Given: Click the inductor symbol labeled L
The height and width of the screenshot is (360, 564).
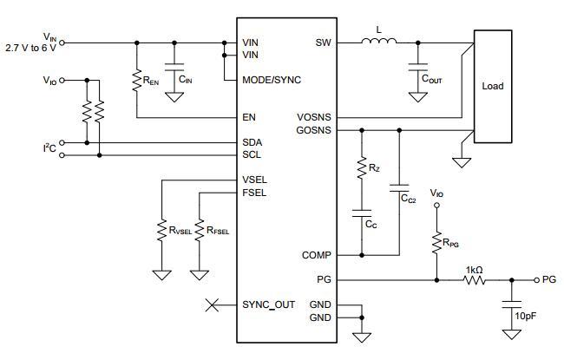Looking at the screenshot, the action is coord(379,41).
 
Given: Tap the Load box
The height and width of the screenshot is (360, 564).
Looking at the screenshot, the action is coord(493,87).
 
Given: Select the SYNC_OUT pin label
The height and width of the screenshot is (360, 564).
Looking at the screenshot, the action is coord(268,305).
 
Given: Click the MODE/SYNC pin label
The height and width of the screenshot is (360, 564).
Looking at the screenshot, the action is coord(272,80).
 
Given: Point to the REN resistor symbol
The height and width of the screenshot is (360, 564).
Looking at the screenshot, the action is coord(137,81).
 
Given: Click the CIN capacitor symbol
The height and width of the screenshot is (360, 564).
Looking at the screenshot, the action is coord(174,67).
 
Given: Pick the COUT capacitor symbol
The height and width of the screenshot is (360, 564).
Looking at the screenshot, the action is coord(418,67).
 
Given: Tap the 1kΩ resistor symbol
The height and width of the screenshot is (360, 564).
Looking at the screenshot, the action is coord(475,280).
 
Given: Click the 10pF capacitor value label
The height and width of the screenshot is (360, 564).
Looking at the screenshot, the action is coord(526,316).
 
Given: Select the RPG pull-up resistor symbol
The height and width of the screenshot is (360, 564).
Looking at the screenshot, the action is coord(436,243).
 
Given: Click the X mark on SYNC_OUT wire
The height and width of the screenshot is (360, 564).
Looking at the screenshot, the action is coord(212,305).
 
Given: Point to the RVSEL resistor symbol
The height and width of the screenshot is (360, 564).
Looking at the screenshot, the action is coord(162,230).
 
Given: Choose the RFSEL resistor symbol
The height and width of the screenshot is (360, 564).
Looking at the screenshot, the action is coord(200,230).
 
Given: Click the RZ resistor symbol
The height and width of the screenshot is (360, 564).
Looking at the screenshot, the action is coord(362,167).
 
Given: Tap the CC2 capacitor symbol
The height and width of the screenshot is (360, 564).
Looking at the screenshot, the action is coord(399,188).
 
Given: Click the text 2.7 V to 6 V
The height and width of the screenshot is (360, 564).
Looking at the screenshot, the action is coord(31,48).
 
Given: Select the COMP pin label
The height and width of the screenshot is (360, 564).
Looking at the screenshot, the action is coord(317,255).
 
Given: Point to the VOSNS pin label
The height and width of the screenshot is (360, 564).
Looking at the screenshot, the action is coord(314,118).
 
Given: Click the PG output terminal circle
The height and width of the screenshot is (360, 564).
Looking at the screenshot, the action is coord(536,280).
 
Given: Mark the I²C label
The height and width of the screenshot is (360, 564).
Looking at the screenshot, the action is coord(49,147).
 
